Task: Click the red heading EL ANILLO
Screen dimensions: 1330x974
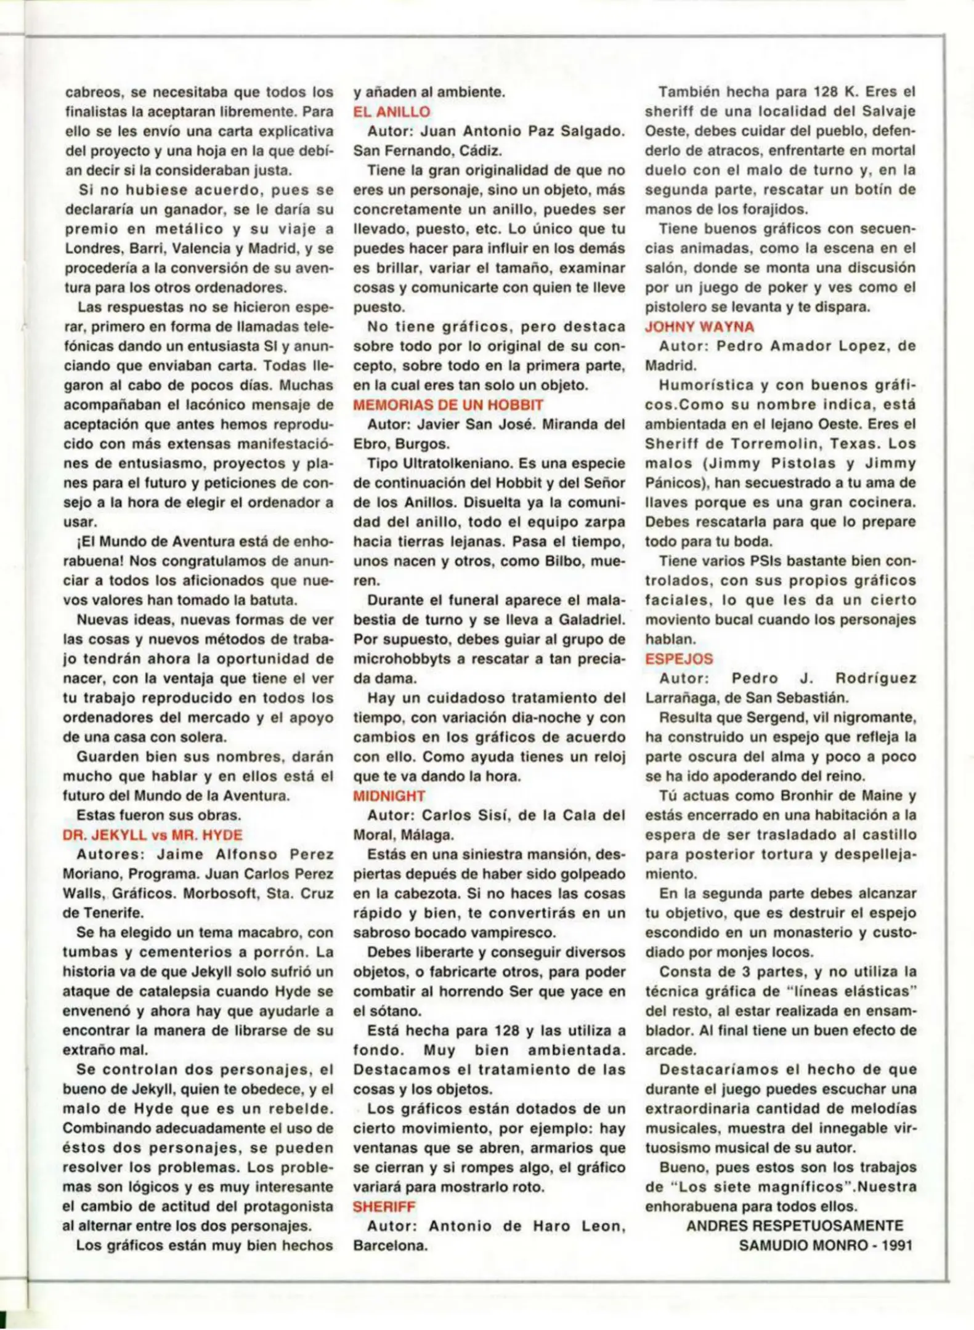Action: point(391,112)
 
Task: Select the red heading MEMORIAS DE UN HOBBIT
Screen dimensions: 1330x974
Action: point(448,405)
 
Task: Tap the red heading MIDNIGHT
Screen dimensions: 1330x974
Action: point(389,796)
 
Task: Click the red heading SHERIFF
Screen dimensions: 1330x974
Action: point(384,1206)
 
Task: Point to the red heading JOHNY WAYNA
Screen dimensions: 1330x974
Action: point(699,326)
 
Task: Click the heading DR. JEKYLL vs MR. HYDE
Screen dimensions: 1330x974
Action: point(152,835)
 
